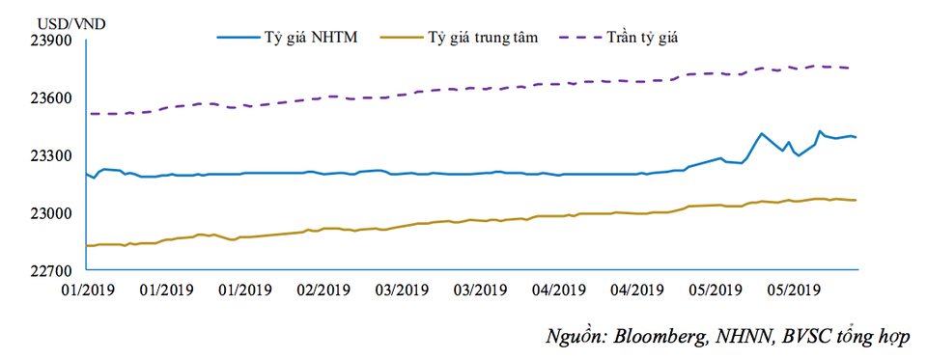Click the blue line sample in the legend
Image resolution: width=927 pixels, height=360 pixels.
pyautogui.click(x=238, y=37)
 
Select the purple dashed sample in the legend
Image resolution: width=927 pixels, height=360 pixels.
pyautogui.click(x=572, y=37)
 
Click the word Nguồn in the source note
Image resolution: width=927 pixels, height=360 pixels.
pyautogui.click(x=574, y=337)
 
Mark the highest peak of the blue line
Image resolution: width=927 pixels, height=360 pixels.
pyautogui.click(x=820, y=130)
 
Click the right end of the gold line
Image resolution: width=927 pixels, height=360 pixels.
pyautogui.click(x=856, y=200)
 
